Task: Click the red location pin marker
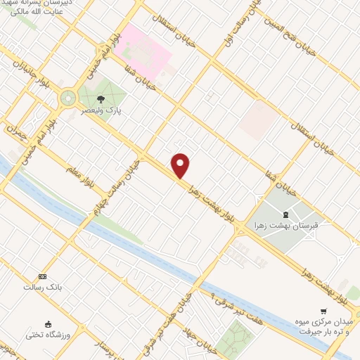pyautogui.click(x=181, y=165)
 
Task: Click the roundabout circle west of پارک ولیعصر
pyautogui.click(x=68, y=98)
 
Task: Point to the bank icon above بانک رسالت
pyautogui.click(x=43, y=276)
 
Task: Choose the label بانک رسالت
pyautogui.click(x=38, y=287)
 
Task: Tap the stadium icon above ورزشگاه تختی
pyautogui.click(x=48, y=324)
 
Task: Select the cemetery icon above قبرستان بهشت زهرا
pyautogui.click(x=285, y=214)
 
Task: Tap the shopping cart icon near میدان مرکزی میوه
pyautogui.click(x=323, y=310)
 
